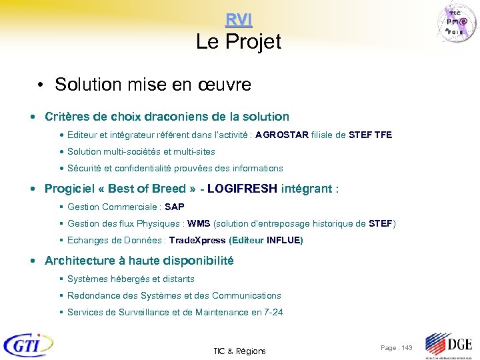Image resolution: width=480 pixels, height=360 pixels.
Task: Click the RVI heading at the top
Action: click(239, 20)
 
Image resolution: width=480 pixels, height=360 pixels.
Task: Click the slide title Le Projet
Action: click(239, 42)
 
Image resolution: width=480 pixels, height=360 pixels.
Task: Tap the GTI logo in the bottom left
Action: click(28, 345)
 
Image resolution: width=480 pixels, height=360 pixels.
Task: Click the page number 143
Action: click(397, 348)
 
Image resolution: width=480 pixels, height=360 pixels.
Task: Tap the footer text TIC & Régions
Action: click(239, 351)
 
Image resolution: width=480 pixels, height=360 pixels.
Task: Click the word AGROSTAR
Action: click(282, 135)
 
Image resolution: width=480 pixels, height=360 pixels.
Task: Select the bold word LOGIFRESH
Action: click(242, 189)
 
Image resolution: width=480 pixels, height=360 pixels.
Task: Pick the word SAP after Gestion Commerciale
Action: click(175, 207)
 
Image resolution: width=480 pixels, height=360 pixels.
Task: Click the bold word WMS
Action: click(199, 223)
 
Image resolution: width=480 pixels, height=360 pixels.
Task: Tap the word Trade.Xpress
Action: click(197, 240)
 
